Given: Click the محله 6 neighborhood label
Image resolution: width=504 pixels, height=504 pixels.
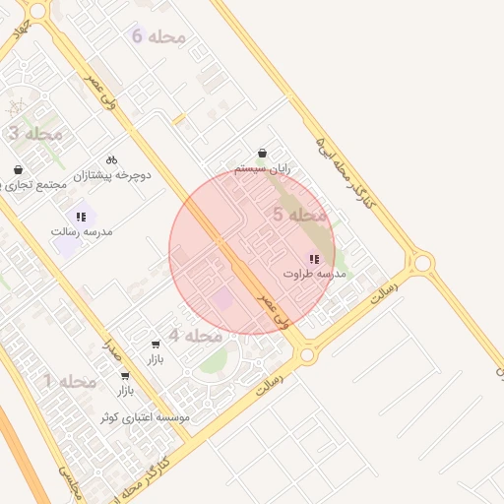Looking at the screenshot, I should click(x=158, y=36).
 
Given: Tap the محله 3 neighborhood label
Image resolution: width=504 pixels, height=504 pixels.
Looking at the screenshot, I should click(x=35, y=133).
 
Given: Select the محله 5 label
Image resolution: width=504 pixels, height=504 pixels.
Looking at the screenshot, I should click(x=299, y=214).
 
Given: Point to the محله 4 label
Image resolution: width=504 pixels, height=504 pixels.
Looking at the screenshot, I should click(x=195, y=336).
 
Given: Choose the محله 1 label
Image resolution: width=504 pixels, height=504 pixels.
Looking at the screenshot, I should click(x=70, y=381).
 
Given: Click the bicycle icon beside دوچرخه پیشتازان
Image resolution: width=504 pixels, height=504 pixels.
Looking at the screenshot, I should click(x=111, y=159).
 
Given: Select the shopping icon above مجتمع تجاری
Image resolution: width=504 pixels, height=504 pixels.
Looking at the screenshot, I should click(x=19, y=170).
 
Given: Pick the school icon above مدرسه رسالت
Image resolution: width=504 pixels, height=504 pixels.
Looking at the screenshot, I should click(x=82, y=217).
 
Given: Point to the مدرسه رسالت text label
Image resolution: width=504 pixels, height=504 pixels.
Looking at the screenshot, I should click(x=83, y=231).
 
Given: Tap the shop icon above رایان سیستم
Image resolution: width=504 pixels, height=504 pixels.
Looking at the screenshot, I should click(x=263, y=154).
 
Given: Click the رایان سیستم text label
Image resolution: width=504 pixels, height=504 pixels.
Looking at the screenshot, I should click(x=268, y=168).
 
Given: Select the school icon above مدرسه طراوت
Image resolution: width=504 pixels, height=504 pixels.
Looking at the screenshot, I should click(x=314, y=259).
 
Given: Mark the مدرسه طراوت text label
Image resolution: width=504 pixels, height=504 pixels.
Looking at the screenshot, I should click(x=315, y=274).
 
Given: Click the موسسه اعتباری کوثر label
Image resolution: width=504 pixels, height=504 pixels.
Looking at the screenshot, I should click(x=144, y=417).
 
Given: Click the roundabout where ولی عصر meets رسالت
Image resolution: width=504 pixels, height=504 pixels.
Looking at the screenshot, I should click(x=307, y=354).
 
